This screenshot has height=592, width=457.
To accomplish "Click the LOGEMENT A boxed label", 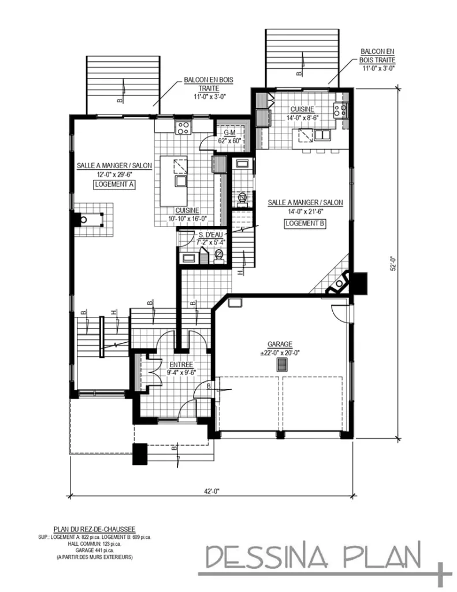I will [114, 184].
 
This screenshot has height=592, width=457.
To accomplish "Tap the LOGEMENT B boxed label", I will [305, 223].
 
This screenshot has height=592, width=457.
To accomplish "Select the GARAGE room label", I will [280, 344].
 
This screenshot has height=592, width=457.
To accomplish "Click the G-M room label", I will [229, 133].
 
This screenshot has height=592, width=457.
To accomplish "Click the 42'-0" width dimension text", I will [210, 491].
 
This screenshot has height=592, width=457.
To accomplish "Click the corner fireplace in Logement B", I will [337, 283].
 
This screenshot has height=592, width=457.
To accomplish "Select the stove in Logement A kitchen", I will [184, 126].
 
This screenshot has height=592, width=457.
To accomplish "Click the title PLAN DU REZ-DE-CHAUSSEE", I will [94, 528].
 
